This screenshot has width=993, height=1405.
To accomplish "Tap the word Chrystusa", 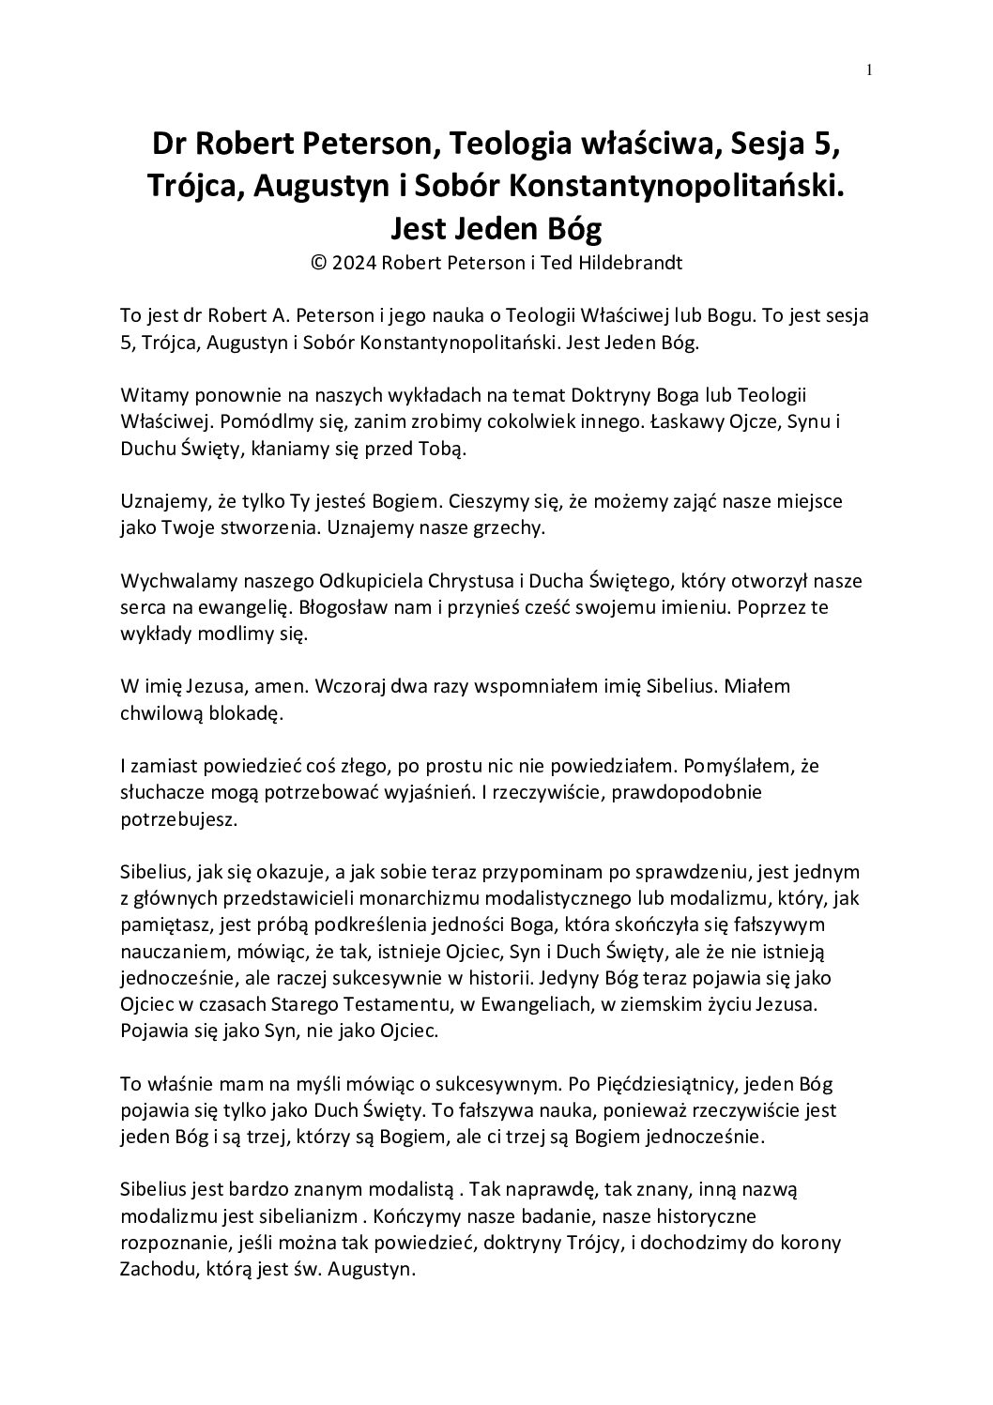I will click(x=471, y=581).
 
